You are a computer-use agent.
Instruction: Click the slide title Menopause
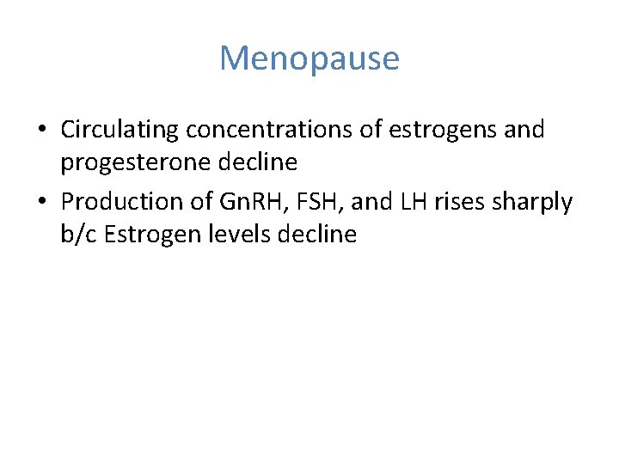[x=309, y=59]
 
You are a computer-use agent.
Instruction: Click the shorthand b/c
[x=77, y=233]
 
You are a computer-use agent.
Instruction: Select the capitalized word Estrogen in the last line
[x=151, y=235]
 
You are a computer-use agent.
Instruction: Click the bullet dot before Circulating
[x=42, y=131]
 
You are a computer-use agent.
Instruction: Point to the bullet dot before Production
[x=42, y=203]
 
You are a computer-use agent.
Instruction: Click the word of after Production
[x=202, y=202]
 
